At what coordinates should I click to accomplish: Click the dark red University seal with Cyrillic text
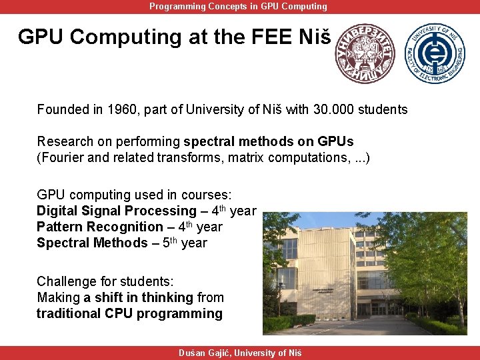tap(365, 54)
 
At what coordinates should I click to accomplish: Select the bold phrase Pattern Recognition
tap(99, 227)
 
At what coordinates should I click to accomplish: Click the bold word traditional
tap(69, 313)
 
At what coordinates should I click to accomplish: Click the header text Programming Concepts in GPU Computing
tap(238, 6)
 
